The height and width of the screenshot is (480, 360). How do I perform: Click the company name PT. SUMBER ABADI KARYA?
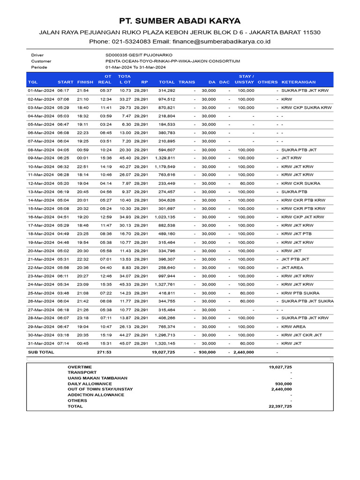click(180, 21)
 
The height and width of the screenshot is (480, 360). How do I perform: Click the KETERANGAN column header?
click(299, 82)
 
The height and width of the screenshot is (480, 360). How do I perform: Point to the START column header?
click(65, 82)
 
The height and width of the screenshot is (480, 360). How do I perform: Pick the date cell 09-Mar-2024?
click(41, 158)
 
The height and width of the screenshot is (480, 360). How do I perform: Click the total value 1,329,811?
click(165, 158)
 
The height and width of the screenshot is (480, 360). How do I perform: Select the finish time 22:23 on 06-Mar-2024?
click(83, 133)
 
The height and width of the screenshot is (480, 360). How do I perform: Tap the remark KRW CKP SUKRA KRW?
click(306, 107)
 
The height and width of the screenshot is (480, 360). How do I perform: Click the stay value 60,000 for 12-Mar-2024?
click(247, 183)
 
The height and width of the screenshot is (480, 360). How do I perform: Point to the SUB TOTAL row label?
click(41, 352)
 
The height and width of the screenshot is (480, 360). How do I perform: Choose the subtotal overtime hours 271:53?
click(104, 352)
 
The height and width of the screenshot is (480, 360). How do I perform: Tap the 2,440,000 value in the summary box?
click(281, 389)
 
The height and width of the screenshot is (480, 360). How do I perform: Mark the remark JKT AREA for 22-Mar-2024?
click(292, 268)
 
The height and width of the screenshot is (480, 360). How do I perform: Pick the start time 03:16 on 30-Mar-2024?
click(63, 335)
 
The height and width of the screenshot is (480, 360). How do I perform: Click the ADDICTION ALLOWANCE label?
click(96, 395)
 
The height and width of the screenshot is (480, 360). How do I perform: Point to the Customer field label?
click(41, 61)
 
